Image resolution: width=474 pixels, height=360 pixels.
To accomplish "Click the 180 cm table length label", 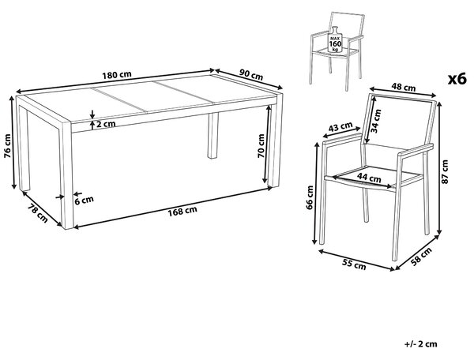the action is pyautogui.click(x=117, y=74).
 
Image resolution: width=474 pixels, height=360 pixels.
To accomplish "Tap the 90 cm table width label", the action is pyautogui.click(x=251, y=74).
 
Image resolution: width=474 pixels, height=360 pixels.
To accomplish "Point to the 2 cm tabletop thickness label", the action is pyautogui.click(x=106, y=124).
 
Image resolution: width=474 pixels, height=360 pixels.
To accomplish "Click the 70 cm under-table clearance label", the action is pyautogui.click(x=261, y=146).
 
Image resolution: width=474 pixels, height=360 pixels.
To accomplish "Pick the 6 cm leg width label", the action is pyautogui.click(x=84, y=200).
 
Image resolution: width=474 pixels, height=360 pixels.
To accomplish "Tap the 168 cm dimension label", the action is pyautogui.click(x=182, y=211).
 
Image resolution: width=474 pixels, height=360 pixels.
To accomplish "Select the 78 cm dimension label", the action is pyautogui.click(x=37, y=213).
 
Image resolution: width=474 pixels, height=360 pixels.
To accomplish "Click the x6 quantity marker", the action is pyautogui.click(x=457, y=79).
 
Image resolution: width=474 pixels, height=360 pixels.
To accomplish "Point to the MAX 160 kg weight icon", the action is pyautogui.click(x=335, y=39).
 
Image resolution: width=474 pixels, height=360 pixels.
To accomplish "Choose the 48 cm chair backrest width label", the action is pyautogui.click(x=404, y=88).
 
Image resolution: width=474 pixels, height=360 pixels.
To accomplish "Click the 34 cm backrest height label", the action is pyautogui.click(x=376, y=121).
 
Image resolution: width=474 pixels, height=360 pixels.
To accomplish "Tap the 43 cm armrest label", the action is pyautogui.click(x=340, y=127).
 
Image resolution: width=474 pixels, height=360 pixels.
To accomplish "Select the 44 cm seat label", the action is pyautogui.click(x=369, y=177).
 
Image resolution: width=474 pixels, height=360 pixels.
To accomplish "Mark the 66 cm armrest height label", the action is pyautogui.click(x=310, y=197).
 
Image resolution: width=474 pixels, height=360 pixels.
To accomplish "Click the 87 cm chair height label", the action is pyautogui.click(x=445, y=172).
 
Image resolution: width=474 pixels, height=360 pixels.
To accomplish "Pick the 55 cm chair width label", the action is pyautogui.click(x=354, y=264).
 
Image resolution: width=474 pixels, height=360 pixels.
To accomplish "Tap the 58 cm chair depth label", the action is pyautogui.click(x=423, y=257).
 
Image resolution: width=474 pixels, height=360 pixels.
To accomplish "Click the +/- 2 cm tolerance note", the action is pyautogui.click(x=420, y=343).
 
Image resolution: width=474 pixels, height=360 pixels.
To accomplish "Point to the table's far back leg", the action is pyautogui.click(x=213, y=135).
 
